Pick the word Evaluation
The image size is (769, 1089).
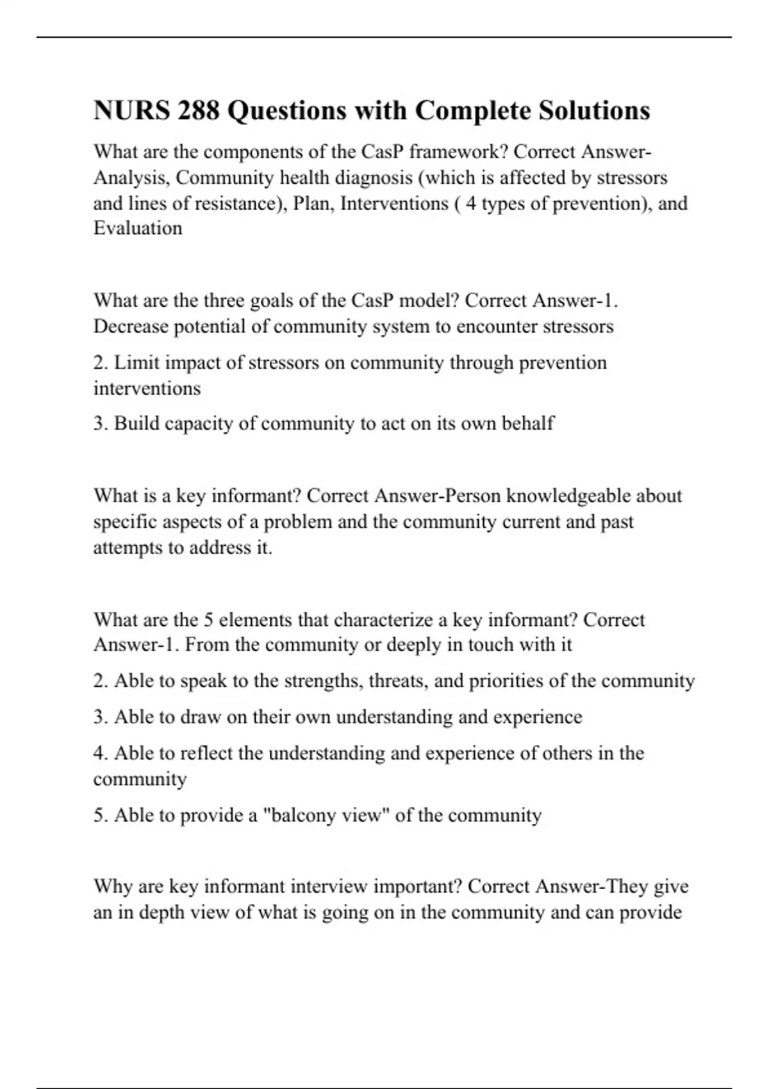[138, 228]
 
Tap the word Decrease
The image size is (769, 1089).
[131, 327]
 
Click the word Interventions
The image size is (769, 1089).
[394, 203]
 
